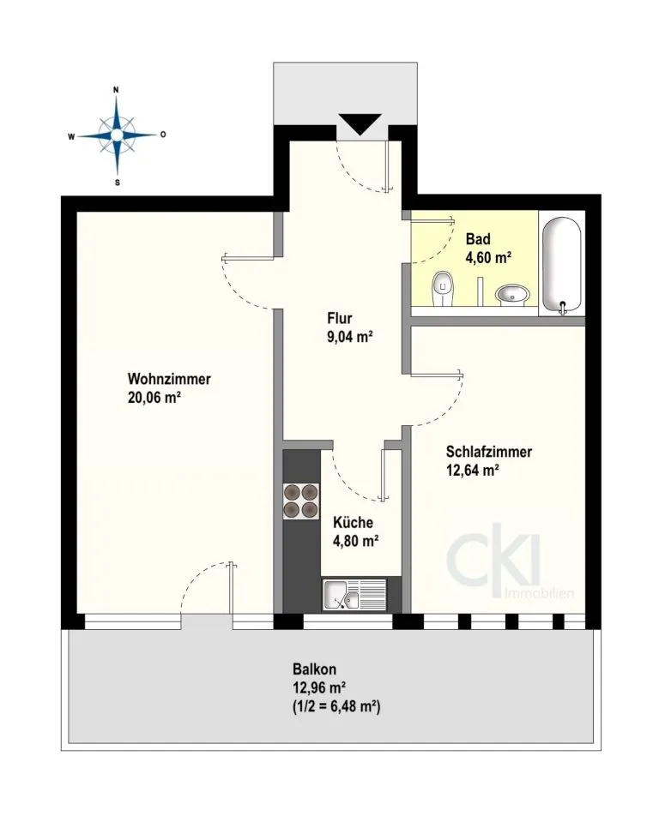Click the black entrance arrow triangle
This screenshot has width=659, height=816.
360,123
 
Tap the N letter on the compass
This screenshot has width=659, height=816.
116,89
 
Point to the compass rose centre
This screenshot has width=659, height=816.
117,135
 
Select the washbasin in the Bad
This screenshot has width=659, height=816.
512,295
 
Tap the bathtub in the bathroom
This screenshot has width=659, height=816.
561,266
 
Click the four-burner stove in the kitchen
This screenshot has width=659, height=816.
300,501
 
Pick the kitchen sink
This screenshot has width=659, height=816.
354,595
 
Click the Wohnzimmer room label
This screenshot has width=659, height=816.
169,379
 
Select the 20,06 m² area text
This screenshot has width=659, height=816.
154,398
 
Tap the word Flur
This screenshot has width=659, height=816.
340,318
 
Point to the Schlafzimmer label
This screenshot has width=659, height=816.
488,451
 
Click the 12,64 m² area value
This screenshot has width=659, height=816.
473,471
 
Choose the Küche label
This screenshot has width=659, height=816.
353,522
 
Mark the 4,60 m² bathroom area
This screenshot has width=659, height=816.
488,258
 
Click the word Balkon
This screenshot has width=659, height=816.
314,669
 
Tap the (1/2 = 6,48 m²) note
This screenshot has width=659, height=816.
336,707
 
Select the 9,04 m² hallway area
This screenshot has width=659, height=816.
350,337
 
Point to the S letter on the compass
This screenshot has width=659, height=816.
118,183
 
